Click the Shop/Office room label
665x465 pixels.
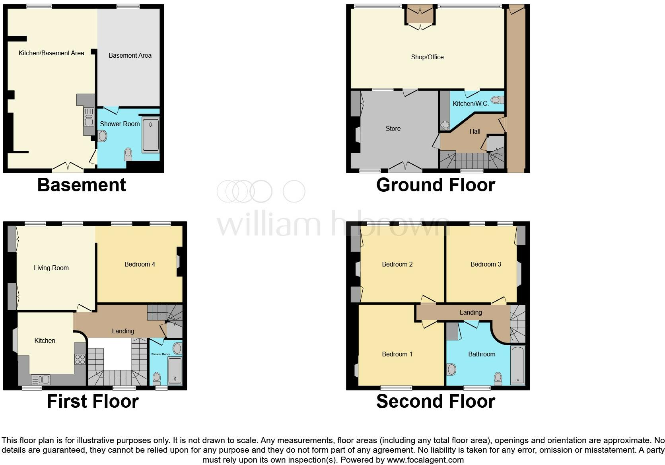pos(427,57)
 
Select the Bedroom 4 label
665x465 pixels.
pos(140,264)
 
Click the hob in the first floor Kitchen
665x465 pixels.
pos(80,359)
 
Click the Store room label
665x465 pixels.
pos(393,128)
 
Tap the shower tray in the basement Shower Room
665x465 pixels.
pos(150,135)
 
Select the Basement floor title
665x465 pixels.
pos(82,185)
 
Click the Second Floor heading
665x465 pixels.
pos(436,401)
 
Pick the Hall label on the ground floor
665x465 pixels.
pos(475,131)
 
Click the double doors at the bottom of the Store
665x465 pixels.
pos(405,167)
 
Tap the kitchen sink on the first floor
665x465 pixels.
pos(41,379)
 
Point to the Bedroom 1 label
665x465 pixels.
pos(397,354)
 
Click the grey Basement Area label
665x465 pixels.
pos(130,55)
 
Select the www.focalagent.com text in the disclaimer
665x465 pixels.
pos(425,460)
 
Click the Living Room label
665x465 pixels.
pos(51,268)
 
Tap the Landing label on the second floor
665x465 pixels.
pos(471,312)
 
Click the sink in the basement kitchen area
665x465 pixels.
pos(89,118)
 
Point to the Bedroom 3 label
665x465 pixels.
pos(486,264)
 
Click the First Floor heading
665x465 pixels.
pos(93,401)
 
